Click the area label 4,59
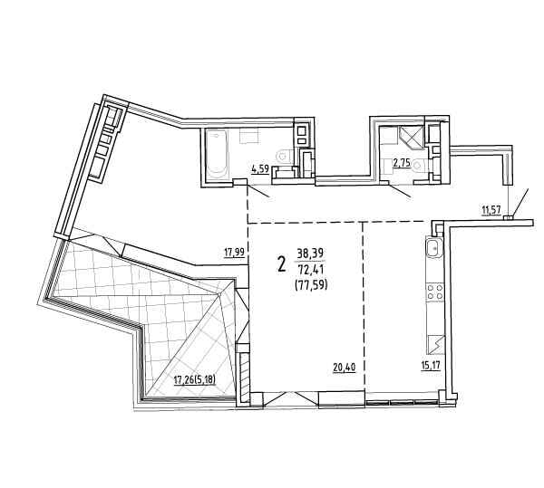coord(260,169)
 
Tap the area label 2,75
coord(402,163)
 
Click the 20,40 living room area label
coord(345,367)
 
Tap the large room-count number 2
coord(281,264)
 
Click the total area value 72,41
coord(309,269)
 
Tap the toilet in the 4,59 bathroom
coord(285,156)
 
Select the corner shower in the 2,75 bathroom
coord(411,137)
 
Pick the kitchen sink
coord(434,248)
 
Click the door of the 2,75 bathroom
coord(400,190)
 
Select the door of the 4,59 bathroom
coord(258,191)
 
